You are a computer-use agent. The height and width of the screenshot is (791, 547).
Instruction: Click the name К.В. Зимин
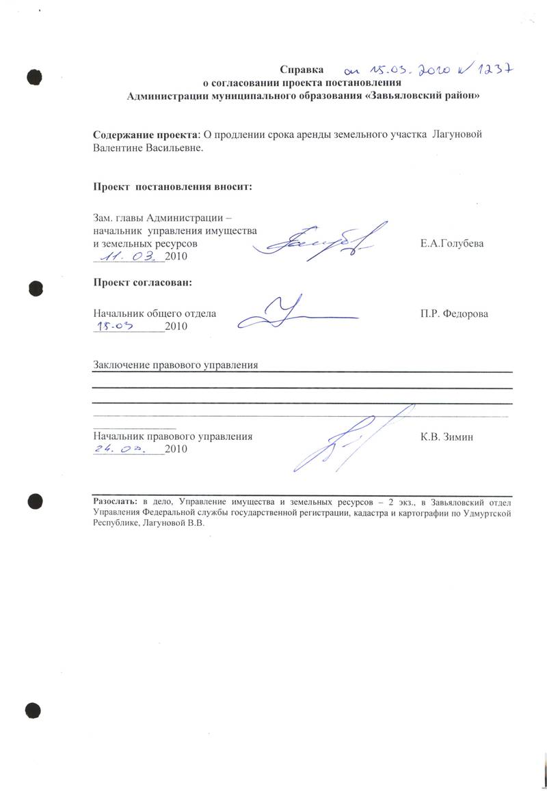[x=446, y=436]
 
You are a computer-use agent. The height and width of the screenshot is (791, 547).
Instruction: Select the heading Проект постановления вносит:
[x=172, y=186]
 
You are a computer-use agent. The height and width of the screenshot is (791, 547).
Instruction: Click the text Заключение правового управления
[x=175, y=365]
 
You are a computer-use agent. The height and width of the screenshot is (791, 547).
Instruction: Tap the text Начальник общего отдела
[x=155, y=314]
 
